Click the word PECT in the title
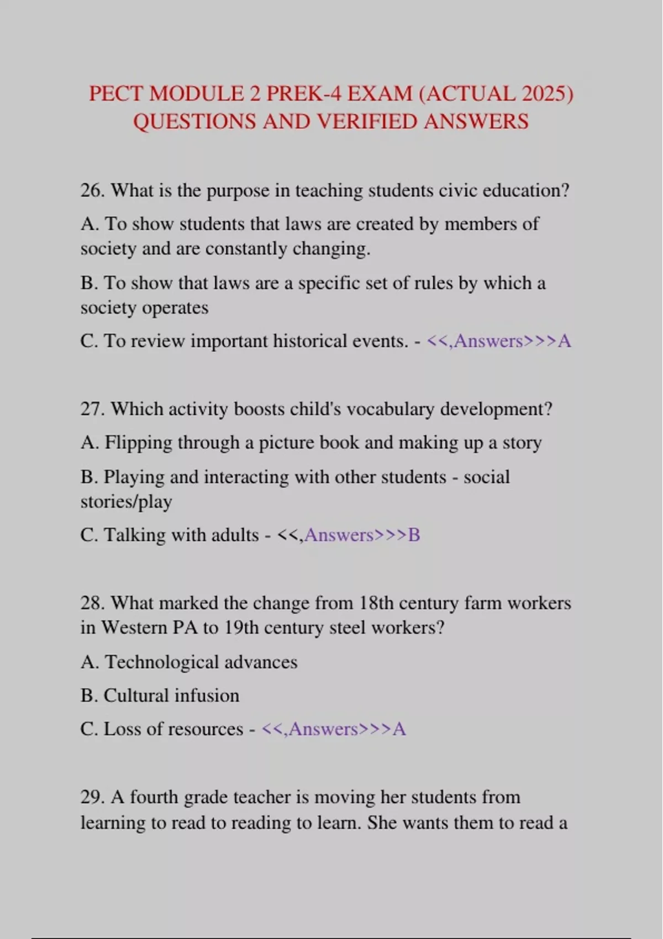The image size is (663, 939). pos(117,94)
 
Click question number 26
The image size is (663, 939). pos(92,191)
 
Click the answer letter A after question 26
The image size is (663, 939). pos(564,341)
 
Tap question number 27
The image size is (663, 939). pos(92,409)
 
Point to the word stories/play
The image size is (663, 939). pos(127,502)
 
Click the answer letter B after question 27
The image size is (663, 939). pos(414,535)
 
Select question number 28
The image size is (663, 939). pos(92,603)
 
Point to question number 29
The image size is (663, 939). pos(92,798)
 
